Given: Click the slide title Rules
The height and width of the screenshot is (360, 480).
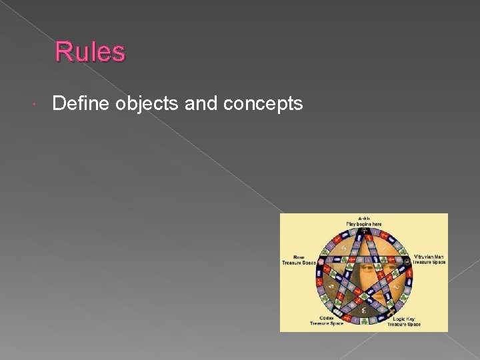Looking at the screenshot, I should pos(89,52).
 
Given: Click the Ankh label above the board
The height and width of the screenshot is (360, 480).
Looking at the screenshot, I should pos(363,218).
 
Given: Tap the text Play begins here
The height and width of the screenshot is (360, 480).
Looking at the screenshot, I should pos(363,224).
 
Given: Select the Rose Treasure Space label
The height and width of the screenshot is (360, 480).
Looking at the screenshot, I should pos(298,260).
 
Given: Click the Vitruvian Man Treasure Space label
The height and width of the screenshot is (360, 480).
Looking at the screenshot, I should pos(428,259).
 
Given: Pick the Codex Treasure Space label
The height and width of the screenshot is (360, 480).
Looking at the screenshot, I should pos(327,321).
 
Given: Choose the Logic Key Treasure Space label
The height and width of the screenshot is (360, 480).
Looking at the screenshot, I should pos(407,321).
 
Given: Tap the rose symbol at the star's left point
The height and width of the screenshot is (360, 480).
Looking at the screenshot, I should pos(319,261).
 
